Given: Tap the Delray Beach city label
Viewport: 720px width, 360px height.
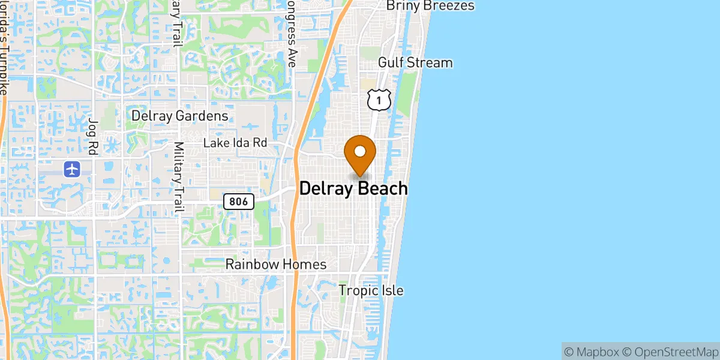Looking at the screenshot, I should pos(353,188).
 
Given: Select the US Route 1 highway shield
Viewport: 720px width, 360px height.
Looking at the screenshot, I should pos(379,100).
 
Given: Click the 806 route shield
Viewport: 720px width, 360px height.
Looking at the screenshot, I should pos(239,202).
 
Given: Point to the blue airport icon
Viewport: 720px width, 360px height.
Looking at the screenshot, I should pos(73,169).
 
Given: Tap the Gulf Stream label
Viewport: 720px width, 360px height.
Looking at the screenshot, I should pos(415,62).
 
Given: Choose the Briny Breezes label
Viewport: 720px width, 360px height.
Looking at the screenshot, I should pos(430,5).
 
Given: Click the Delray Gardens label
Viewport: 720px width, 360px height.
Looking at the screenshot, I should pos(179,115).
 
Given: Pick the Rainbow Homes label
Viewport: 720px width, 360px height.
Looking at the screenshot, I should pos(276,264).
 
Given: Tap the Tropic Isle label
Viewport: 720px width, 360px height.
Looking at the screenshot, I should pos(371,290).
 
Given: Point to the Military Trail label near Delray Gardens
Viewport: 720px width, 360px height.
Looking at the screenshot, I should pos(178,177).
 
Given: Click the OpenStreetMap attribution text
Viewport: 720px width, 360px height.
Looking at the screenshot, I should pos(670,351).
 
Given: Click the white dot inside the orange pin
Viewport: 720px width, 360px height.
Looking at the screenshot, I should pos(360,151).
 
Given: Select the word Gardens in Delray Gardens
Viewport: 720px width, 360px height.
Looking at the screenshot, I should pos(202,115).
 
